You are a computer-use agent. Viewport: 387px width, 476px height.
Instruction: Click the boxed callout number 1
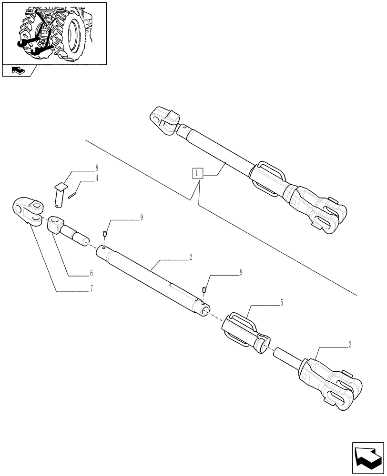click(198, 173)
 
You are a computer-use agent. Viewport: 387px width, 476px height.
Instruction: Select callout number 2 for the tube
click(190, 257)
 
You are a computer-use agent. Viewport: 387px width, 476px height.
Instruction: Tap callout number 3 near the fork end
click(350, 345)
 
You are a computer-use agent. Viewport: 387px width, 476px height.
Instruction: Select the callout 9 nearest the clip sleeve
click(241, 273)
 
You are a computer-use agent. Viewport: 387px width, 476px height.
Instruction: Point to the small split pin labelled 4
click(72, 194)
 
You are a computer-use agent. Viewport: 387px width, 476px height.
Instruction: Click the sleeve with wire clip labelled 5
click(245, 331)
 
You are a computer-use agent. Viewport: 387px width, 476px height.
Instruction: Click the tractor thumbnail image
click(54, 33)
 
